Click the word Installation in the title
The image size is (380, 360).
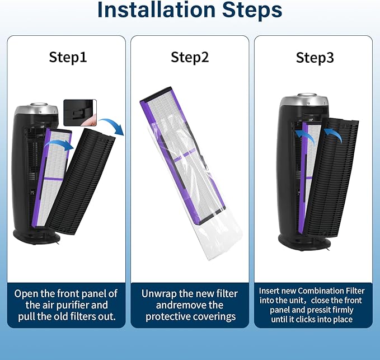[x=156, y=10]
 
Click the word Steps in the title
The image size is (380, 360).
[x=252, y=10]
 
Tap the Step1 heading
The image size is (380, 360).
[x=68, y=57]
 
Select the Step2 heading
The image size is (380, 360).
[x=190, y=57]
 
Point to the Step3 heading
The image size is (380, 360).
[x=315, y=58]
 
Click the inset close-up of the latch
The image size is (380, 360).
[x=80, y=113]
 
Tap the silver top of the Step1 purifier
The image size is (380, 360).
[x=36, y=110]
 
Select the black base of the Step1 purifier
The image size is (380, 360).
[x=36, y=236]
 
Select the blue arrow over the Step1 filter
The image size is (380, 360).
[x=59, y=145]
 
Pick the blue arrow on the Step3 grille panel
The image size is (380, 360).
[x=335, y=134]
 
